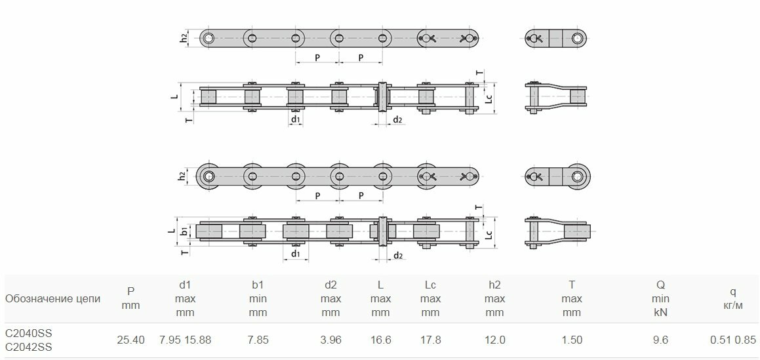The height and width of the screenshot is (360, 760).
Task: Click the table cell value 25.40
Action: pyautogui.click(x=130, y=340)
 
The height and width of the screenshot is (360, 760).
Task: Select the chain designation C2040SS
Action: pyautogui.click(x=28, y=333)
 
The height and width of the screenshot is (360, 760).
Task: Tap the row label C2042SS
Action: pyautogui.click(x=28, y=347)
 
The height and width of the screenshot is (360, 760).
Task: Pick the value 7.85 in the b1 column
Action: pyautogui.click(x=258, y=340)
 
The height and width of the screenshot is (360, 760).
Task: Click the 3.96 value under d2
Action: pyautogui.click(x=330, y=340)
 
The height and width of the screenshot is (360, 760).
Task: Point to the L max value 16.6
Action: pyautogui.click(x=380, y=340)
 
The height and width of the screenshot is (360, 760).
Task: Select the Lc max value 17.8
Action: pyautogui.click(x=430, y=340)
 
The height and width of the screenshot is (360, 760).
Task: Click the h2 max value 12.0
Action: pyautogui.click(x=495, y=340)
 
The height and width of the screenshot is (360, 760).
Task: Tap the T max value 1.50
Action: pyautogui.click(x=572, y=340)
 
